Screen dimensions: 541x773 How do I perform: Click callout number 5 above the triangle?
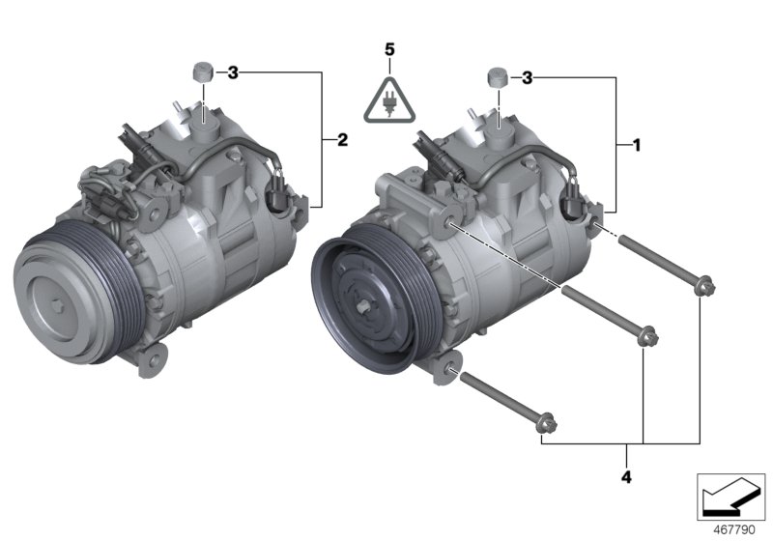(388, 47)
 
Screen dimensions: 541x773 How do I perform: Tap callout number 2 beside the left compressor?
(341, 141)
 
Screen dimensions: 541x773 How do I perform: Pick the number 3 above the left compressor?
(232, 72)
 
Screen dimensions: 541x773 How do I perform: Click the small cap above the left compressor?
(202, 71)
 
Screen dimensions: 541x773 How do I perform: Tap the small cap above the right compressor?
(498, 76)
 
